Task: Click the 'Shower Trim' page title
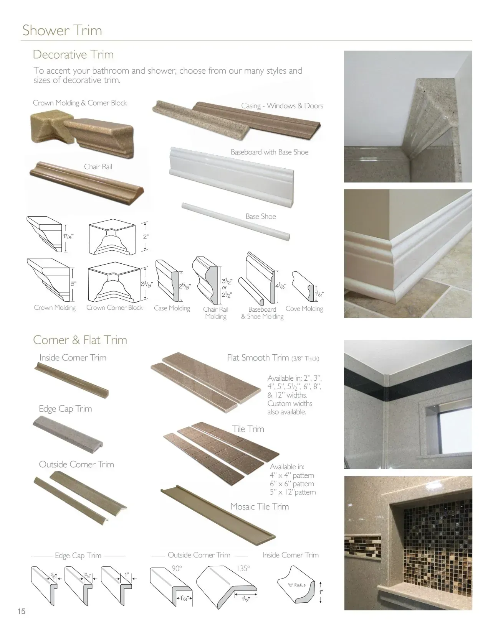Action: click(62, 30)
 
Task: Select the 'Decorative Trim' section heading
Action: click(73, 54)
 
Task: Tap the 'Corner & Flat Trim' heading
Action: click(80, 340)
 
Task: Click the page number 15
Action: click(22, 611)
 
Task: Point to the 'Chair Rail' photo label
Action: click(98, 166)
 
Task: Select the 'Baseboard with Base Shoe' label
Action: click(270, 152)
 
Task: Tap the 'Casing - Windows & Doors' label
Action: click(282, 105)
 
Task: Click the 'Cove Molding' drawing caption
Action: click(304, 309)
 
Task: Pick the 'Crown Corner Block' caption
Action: click(114, 307)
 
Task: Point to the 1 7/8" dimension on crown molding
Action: click(68, 236)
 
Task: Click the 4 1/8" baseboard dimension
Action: click(280, 286)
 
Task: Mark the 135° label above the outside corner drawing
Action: click(243, 568)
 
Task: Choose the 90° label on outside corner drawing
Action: click(176, 568)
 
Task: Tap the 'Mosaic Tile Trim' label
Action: click(259, 506)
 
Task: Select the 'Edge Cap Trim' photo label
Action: click(65, 409)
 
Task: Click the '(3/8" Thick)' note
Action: click(305, 358)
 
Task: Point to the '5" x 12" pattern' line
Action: click(293, 492)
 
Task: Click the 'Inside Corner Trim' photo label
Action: click(73, 357)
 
